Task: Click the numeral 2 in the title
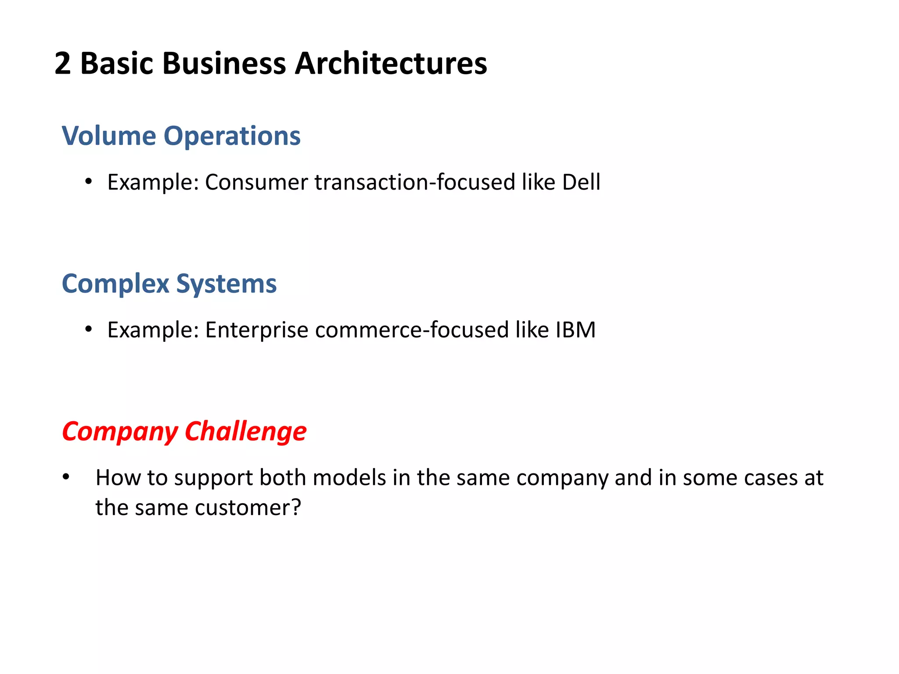(x=62, y=64)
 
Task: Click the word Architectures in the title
(x=391, y=64)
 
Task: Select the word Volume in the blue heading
(x=108, y=136)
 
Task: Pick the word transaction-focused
(x=414, y=183)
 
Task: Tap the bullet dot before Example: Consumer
(x=89, y=181)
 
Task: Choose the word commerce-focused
(x=412, y=330)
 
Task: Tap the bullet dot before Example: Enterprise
(x=89, y=329)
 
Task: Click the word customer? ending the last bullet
(x=248, y=508)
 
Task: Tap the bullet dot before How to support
(x=66, y=477)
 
